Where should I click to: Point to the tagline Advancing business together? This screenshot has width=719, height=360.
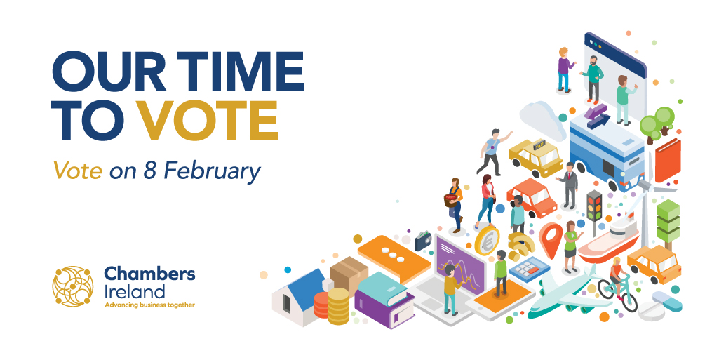tap(149, 305)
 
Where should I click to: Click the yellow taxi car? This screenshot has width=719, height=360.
tap(536, 156)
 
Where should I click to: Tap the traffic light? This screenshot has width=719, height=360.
tap(594, 207)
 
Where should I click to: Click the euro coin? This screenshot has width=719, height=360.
tap(486, 240)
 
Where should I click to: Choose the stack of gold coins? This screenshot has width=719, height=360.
tap(338, 305)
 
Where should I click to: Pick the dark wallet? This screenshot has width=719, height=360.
tap(424, 241)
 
